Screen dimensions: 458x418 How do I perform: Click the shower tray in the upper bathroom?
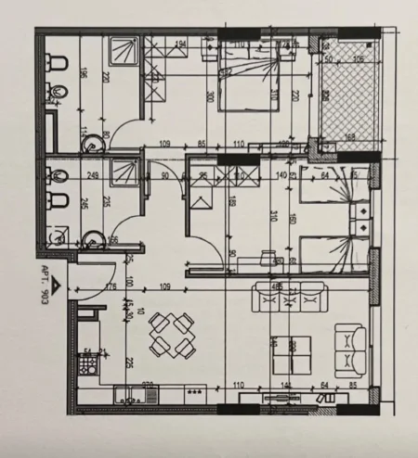coord(122,52)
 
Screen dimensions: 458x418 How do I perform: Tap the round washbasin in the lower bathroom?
coord(90,240)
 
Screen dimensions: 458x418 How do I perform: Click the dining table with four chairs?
coord(173,334)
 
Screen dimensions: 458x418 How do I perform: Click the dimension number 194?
coord(181,44)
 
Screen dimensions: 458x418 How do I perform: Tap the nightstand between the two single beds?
coord(359,217)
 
